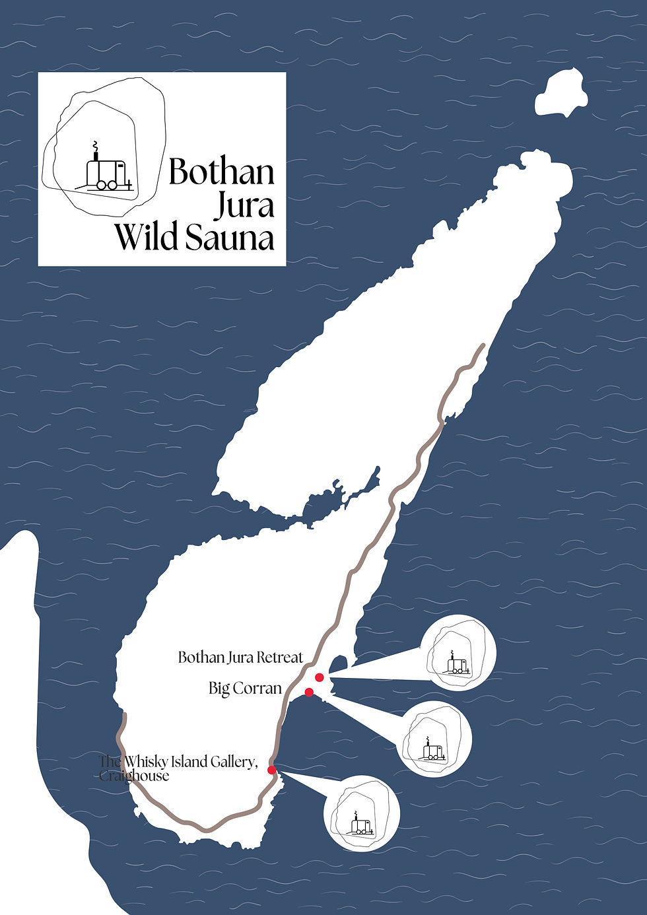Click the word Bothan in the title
point(221,172)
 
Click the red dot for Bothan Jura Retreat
point(320,677)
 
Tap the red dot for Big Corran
point(308,692)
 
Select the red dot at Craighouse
point(271,770)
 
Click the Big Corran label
point(245,689)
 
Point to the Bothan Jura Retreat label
point(240,658)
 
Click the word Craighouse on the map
point(135,776)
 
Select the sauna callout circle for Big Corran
point(434,739)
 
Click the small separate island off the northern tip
point(561,94)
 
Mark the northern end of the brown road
point(483,345)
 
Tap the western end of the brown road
point(124,715)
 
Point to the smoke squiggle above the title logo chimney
point(95,145)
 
